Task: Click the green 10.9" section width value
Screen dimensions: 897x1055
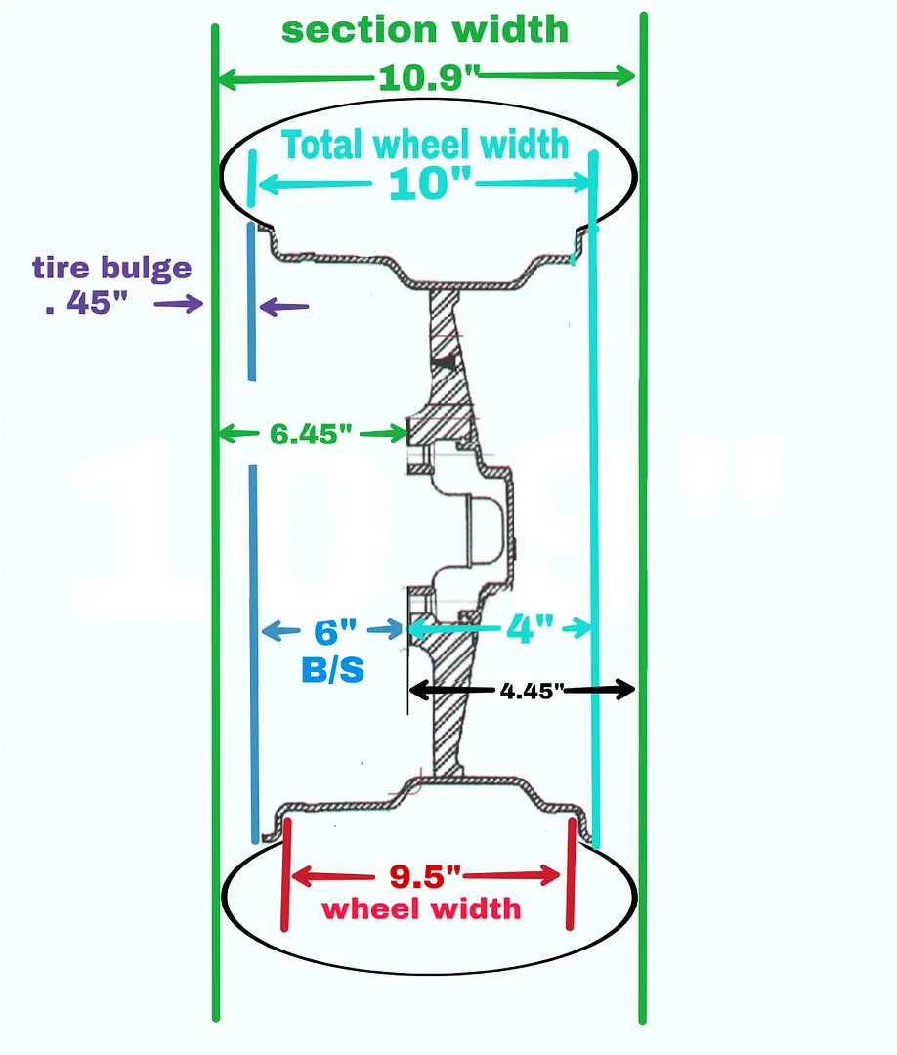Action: click(429, 78)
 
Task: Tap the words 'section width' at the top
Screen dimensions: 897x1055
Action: click(425, 30)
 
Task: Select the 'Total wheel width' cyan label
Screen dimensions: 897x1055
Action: click(425, 145)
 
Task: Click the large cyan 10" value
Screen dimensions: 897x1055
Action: click(429, 184)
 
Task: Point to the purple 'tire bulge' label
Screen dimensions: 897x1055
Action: click(112, 268)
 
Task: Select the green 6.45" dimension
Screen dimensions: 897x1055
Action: click(310, 434)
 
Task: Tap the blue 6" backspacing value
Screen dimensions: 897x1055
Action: click(335, 632)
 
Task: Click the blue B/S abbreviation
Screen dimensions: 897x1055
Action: click(332, 670)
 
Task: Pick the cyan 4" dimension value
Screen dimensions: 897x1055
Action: click(531, 628)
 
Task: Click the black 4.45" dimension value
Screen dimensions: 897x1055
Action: click(532, 691)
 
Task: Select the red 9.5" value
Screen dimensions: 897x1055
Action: click(425, 876)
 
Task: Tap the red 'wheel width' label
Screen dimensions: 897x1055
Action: click(422, 909)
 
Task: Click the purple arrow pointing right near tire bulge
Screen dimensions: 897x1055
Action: click(178, 304)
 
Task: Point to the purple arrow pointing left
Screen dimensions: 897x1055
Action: click(284, 307)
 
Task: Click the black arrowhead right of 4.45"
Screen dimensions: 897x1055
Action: click(625, 689)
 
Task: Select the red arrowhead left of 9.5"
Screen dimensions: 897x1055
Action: click(300, 876)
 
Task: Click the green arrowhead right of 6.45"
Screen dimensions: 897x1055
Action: click(397, 434)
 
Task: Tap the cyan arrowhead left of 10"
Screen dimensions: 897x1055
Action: click(270, 184)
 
